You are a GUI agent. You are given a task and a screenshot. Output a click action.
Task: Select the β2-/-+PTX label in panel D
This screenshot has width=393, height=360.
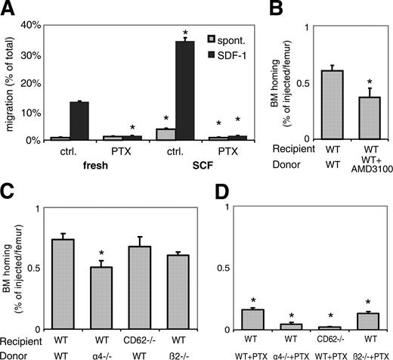(x=367, y=352)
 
